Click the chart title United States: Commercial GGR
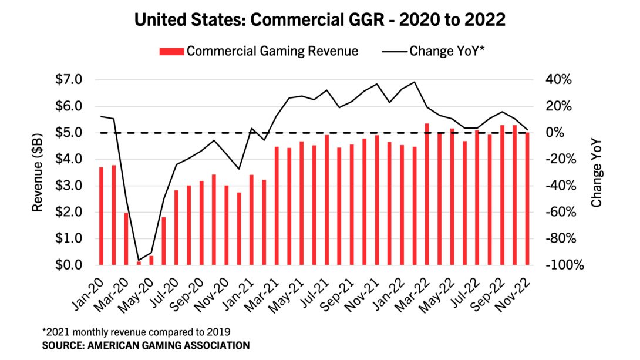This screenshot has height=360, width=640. (320, 20)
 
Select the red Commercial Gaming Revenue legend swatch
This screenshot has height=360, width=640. (171, 51)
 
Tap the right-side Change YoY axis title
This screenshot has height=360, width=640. (597, 172)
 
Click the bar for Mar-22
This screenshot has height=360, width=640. (427, 194)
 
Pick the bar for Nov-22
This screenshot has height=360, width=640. (527, 199)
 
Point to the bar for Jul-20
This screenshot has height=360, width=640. (176, 228)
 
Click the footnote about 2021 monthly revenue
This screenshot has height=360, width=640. (136, 331)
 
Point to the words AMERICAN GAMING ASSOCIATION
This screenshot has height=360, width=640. (171, 345)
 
